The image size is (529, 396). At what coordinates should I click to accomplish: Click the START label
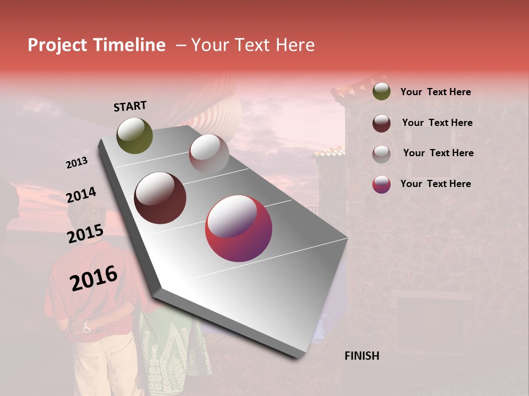point(130,106)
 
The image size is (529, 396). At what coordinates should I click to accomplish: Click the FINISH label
point(362,356)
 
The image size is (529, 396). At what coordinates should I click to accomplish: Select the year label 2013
point(77,163)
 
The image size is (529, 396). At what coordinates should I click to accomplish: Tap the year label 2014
point(82,195)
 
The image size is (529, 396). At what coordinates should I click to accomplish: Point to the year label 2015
point(85,234)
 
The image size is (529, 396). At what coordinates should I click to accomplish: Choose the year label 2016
point(94,278)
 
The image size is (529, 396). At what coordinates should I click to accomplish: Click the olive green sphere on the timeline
point(134,135)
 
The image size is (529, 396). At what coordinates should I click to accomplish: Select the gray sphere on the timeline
point(209,153)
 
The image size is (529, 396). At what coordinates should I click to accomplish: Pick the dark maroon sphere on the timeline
point(160,198)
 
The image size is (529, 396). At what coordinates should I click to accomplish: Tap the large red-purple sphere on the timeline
point(239,228)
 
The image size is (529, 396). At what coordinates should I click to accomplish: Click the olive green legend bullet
point(381,92)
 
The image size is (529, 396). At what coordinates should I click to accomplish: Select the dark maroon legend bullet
point(381,123)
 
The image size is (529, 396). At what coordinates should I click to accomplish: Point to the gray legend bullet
point(381,154)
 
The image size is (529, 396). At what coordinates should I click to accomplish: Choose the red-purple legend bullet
point(381,184)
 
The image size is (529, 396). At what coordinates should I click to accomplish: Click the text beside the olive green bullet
point(435,92)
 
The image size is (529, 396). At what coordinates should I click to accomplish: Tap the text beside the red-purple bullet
point(435,184)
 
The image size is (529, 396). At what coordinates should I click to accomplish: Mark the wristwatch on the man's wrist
point(87,328)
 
